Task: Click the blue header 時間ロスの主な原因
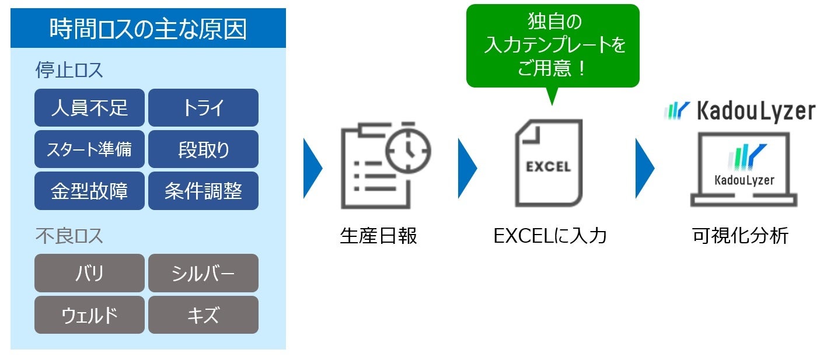click(x=148, y=29)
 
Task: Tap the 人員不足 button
click(x=89, y=108)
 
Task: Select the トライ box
click(x=203, y=108)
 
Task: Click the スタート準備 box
click(x=89, y=149)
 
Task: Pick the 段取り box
click(x=203, y=149)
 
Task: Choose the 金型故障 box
click(x=89, y=191)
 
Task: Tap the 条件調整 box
click(x=203, y=191)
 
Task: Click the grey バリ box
click(x=89, y=273)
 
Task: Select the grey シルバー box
click(x=203, y=273)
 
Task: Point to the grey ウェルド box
click(x=89, y=315)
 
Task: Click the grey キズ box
click(x=203, y=315)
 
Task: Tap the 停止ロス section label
click(x=69, y=71)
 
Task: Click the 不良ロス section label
click(x=69, y=236)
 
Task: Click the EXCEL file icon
click(x=548, y=163)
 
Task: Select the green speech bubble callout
click(x=552, y=46)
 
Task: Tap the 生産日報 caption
click(x=378, y=236)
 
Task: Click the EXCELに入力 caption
click(x=550, y=236)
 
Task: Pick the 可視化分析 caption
click(x=740, y=236)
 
